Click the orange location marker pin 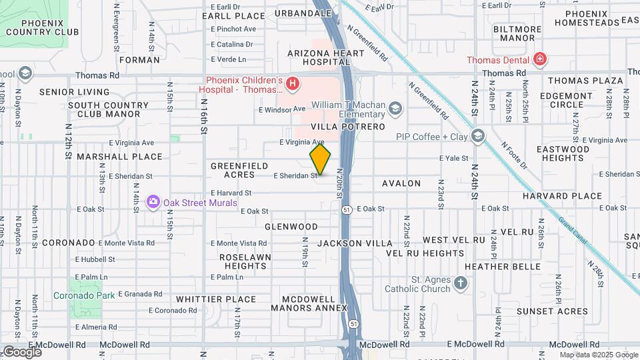coord(320,159)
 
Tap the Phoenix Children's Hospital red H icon coord(291,84)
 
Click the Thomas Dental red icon coord(539,60)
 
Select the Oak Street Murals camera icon coord(153,201)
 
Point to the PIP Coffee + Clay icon coord(477,136)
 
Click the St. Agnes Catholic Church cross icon coord(460,284)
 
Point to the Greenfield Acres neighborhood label coord(239,170)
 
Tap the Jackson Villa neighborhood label coord(355,244)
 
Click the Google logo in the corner coord(23,351)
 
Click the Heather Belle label coord(511,266)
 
